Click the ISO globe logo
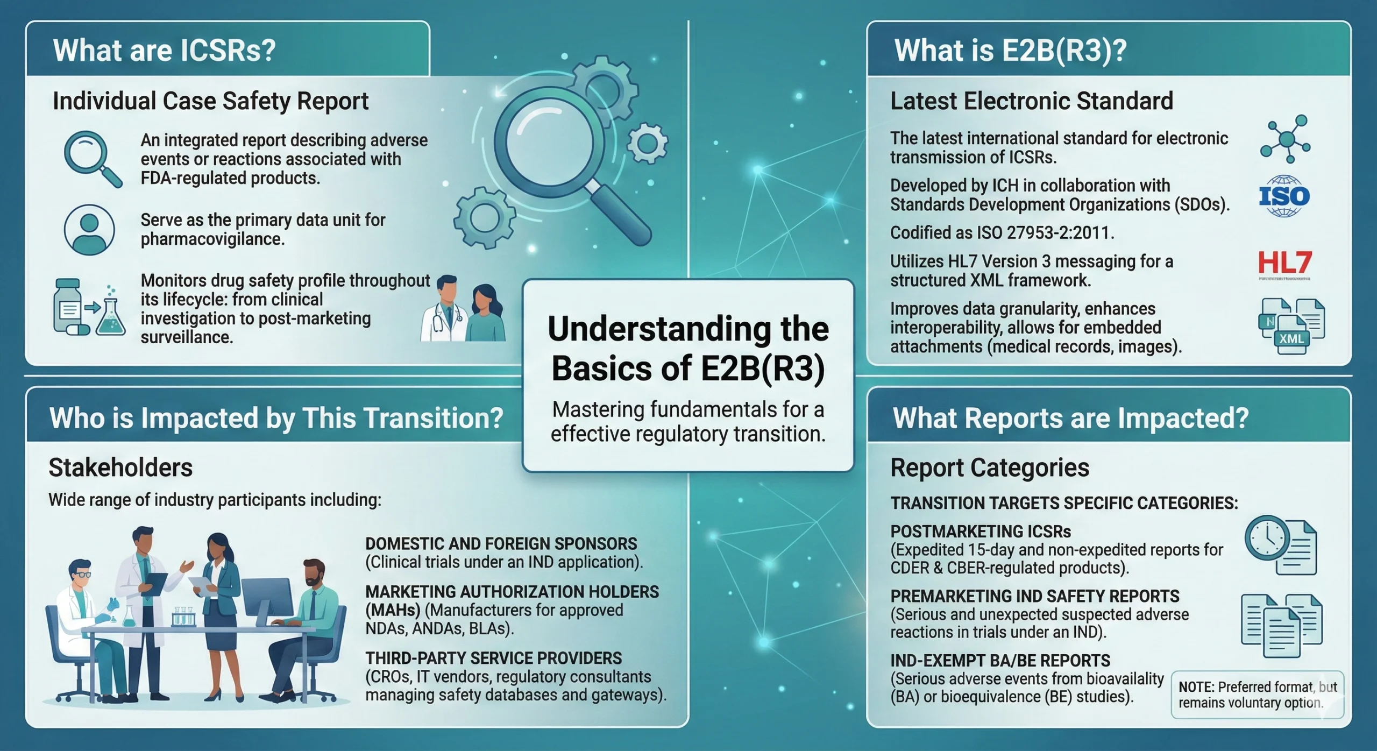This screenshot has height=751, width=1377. tap(1284, 196)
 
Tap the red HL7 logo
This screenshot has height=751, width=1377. tap(1284, 263)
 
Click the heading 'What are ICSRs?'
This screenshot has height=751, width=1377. tap(164, 51)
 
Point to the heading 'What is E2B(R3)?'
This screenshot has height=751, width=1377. tap(1010, 51)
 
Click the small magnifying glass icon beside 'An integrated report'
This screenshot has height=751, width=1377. tap(92, 158)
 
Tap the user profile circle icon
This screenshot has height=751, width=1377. tap(89, 230)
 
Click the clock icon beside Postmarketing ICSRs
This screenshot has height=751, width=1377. tap(1267, 539)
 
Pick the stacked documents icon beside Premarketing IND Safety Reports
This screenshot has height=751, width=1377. tap(1281, 625)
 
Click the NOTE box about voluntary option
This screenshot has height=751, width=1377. tap(1257, 695)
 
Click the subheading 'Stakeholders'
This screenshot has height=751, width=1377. tap(120, 467)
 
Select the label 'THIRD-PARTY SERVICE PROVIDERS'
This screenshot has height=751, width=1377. tap(493, 658)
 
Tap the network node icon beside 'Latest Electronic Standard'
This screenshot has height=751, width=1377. tap(1285, 139)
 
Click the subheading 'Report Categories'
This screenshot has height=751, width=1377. tap(990, 467)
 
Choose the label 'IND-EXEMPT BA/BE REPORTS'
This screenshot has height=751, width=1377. tap(1000, 661)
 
